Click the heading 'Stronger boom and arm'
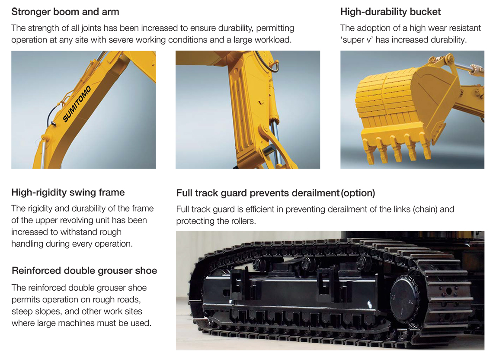(65, 12)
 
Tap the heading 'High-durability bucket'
(390, 12)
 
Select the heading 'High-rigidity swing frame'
(68, 192)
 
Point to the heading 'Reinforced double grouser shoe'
(84, 270)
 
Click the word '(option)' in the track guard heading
(358, 193)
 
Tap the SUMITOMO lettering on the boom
(77, 103)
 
